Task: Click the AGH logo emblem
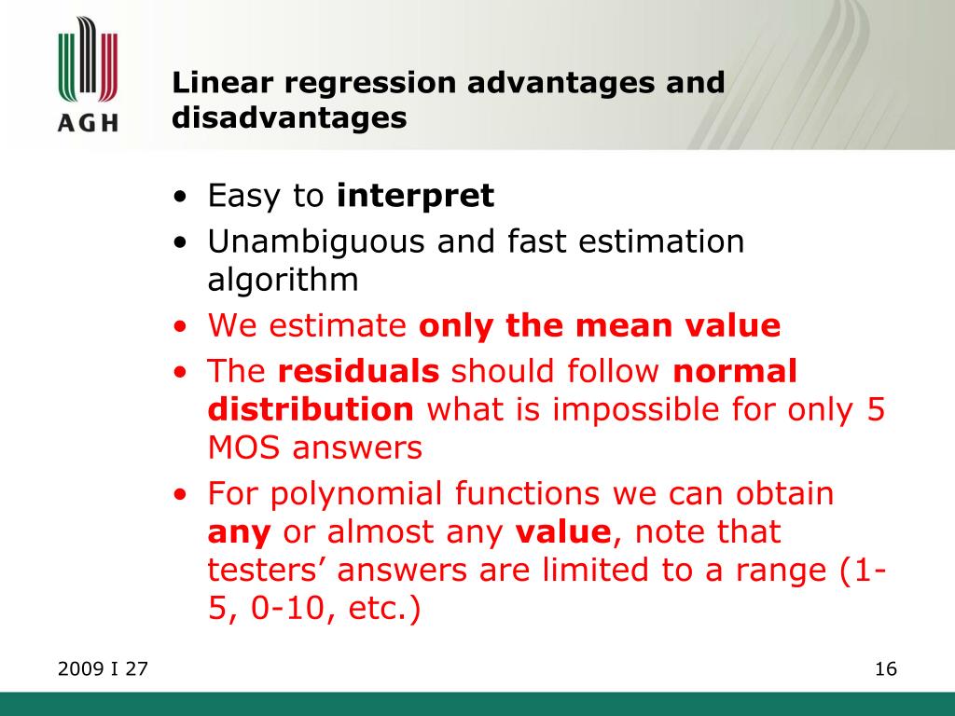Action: click(88, 62)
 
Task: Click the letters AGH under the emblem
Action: click(88, 122)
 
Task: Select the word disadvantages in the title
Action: click(289, 118)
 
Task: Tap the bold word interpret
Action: click(415, 197)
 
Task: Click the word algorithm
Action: click(283, 280)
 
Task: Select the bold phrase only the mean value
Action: click(599, 326)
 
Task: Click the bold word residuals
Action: click(359, 372)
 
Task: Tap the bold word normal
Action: click(735, 372)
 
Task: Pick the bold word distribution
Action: click(311, 410)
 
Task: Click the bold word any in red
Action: click(239, 533)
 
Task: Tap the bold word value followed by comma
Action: click(562, 533)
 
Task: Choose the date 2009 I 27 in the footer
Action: click(103, 669)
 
